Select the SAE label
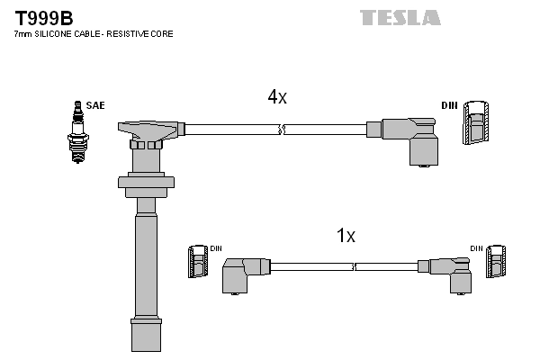94,105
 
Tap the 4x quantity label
276,98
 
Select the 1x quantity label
346,236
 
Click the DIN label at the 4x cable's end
449,105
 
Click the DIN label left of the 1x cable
216,247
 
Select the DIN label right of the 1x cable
475,247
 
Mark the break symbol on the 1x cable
355,266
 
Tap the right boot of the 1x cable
447,271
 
